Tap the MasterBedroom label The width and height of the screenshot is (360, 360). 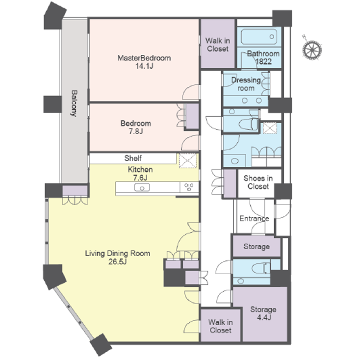click(144, 58)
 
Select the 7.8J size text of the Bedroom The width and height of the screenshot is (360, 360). click(136, 131)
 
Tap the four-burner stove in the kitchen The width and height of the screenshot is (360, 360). click(189, 187)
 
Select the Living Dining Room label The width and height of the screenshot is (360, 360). click(118, 254)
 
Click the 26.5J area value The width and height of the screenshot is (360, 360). click(118, 262)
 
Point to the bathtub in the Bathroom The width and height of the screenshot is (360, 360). click(258, 37)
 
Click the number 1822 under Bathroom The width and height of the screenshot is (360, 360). click(263, 62)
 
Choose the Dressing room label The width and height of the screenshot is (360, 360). click(246, 84)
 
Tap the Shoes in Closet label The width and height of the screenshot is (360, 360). click(258, 182)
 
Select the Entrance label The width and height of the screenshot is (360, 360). click(254, 218)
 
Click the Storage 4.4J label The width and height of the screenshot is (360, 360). click(263, 313)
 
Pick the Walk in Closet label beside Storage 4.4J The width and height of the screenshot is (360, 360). click(220, 326)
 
